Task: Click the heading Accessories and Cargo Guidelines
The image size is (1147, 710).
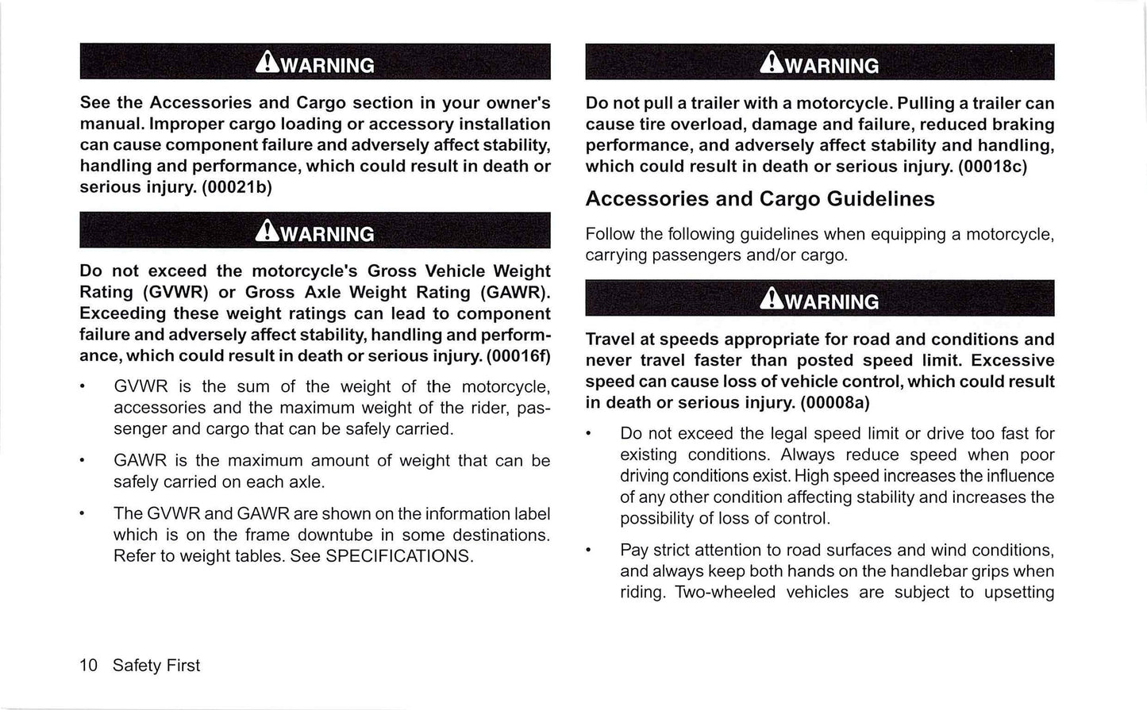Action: tap(760, 198)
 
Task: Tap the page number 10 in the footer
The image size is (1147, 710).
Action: tap(88, 666)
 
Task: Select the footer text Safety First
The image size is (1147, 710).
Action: tap(156, 666)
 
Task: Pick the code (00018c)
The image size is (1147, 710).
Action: tap(992, 167)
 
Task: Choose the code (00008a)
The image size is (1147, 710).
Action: tap(835, 403)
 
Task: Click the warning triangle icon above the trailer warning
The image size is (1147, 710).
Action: tap(771, 64)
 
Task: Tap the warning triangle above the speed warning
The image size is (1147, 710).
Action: tap(771, 300)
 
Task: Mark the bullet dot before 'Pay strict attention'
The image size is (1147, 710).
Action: tap(588, 551)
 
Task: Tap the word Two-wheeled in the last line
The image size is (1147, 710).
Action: tap(724, 593)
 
